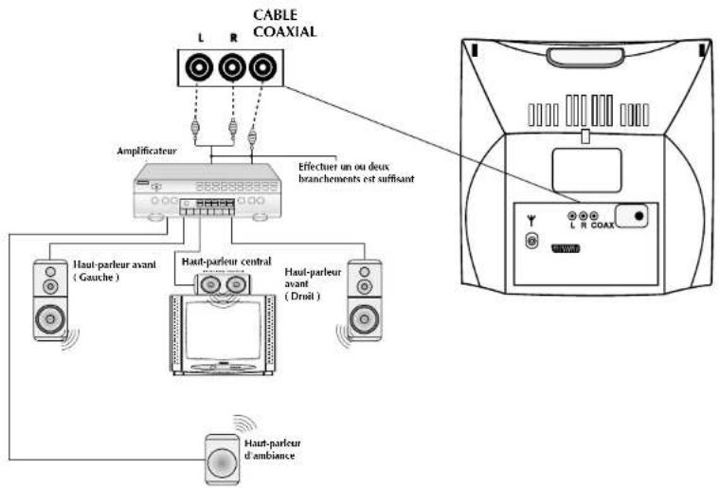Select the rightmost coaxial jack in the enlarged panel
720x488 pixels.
coord(262,68)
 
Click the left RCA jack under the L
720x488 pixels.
coord(201,68)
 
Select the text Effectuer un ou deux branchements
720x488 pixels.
coord(354,171)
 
